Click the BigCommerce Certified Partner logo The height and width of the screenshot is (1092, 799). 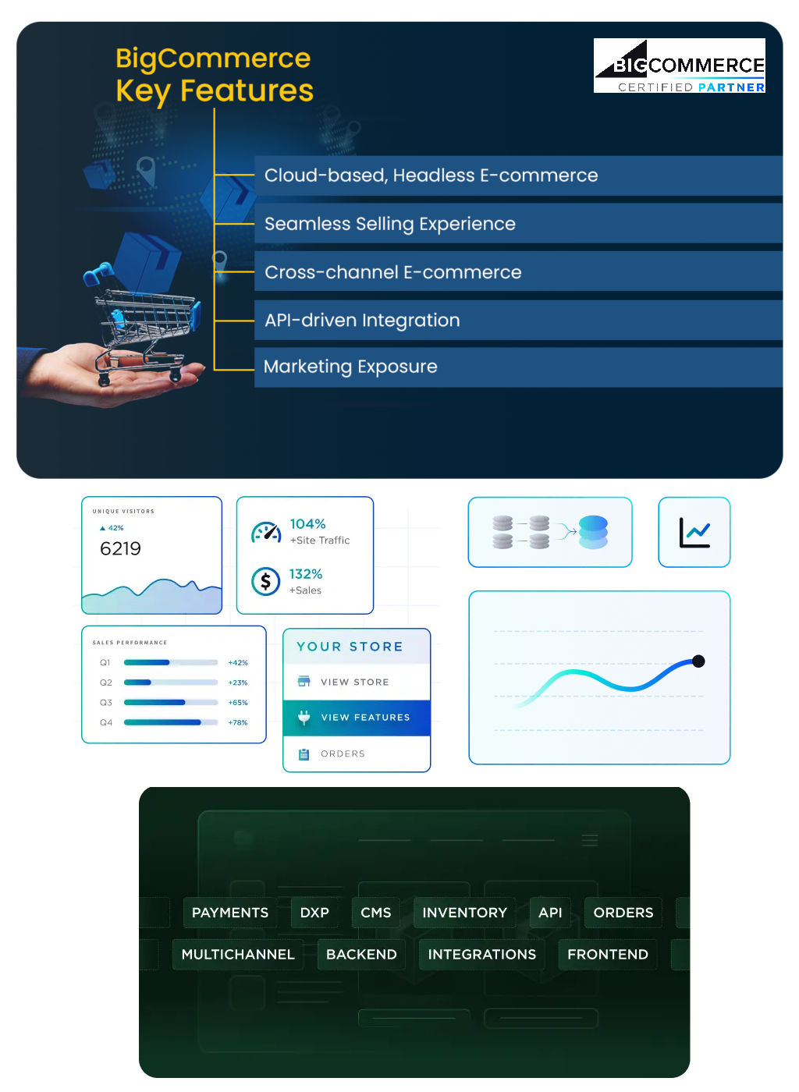[679, 66]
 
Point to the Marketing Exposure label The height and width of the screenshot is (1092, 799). [350, 367]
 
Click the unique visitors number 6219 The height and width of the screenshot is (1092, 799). [121, 548]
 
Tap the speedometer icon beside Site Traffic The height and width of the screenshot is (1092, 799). [266, 533]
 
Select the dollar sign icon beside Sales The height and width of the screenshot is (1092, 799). [266, 581]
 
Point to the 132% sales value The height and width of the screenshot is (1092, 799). [306, 574]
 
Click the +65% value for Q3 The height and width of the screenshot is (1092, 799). [238, 703]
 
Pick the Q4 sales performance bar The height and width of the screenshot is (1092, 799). [170, 722]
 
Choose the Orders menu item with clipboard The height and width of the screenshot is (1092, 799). [343, 754]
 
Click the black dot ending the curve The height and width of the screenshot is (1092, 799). [698, 661]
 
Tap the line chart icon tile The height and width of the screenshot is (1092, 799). [694, 533]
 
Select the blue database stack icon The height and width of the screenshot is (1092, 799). [593, 532]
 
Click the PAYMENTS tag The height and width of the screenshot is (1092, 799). [230, 913]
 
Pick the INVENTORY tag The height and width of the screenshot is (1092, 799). [464, 913]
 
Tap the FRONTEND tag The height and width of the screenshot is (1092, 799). [608, 955]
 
